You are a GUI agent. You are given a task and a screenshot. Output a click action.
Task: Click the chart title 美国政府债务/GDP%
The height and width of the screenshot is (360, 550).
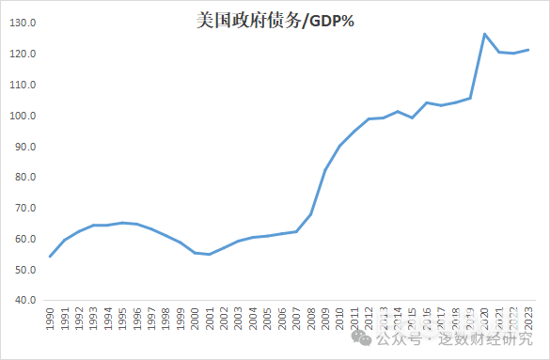275,21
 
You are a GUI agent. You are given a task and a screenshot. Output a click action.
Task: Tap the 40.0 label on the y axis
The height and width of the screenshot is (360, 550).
24,301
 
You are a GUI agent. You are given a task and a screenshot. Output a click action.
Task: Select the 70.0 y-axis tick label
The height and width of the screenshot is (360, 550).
24,209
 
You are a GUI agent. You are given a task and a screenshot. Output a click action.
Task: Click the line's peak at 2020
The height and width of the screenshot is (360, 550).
485,34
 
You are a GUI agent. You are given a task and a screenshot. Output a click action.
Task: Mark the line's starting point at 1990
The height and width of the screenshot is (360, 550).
50,256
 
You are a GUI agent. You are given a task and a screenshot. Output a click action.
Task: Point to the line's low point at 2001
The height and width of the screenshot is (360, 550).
210,254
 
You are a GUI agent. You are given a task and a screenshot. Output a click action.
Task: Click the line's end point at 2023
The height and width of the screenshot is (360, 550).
528,50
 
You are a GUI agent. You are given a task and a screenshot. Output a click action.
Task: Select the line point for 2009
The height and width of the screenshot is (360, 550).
325,170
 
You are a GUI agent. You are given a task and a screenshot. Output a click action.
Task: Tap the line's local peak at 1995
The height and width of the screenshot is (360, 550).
122,223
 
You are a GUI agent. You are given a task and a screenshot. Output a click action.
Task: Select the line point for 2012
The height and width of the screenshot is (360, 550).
369,119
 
